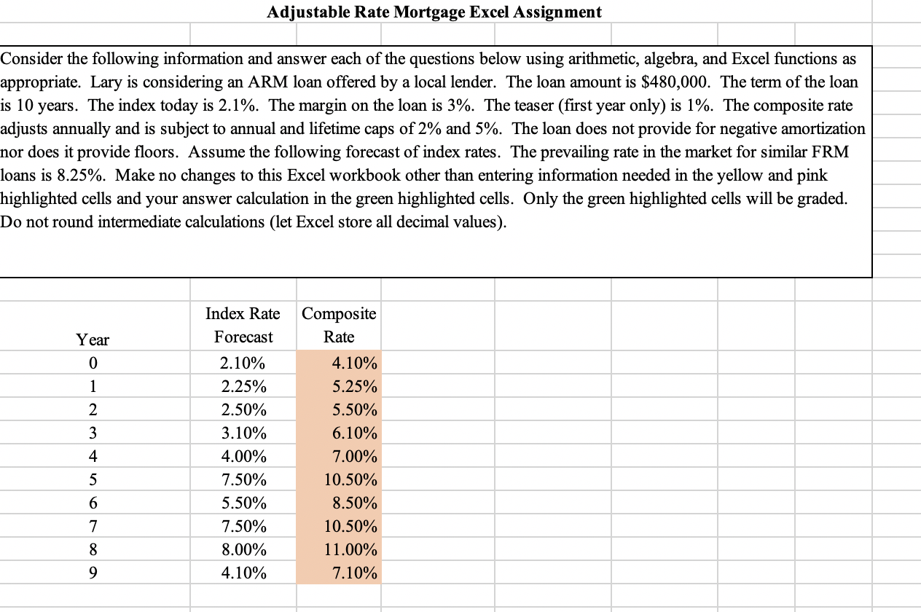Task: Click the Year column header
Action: (93, 339)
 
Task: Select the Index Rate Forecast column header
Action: (243, 325)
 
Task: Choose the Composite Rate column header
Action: (339, 325)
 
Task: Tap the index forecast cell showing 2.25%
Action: (243, 386)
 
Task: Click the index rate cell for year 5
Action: (243, 479)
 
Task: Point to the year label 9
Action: (93, 573)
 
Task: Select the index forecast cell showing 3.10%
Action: (243, 433)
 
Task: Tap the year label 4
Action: (93, 456)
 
